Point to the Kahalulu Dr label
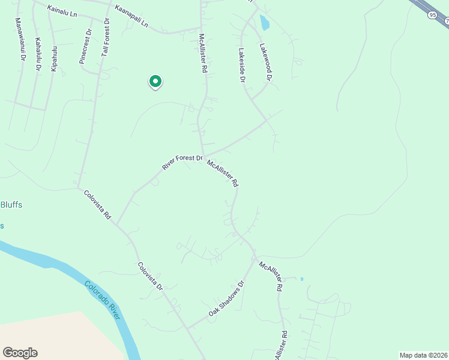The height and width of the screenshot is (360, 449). (38, 55)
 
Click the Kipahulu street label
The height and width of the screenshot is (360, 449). (54, 59)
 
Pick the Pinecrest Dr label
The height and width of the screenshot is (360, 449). (86, 47)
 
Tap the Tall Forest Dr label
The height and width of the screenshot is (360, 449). (105, 37)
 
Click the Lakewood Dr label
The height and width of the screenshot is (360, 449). (267, 62)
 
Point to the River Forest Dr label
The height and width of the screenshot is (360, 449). (182, 161)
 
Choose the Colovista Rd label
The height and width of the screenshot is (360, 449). (98, 204)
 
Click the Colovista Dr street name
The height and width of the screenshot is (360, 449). (150, 277)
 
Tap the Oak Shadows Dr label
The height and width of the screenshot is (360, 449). (228, 299)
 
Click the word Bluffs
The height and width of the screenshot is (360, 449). (11, 205)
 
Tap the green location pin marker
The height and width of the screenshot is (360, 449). (155, 81)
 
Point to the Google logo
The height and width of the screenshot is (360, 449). (20, 353)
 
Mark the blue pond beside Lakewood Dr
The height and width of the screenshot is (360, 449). (264, 23)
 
